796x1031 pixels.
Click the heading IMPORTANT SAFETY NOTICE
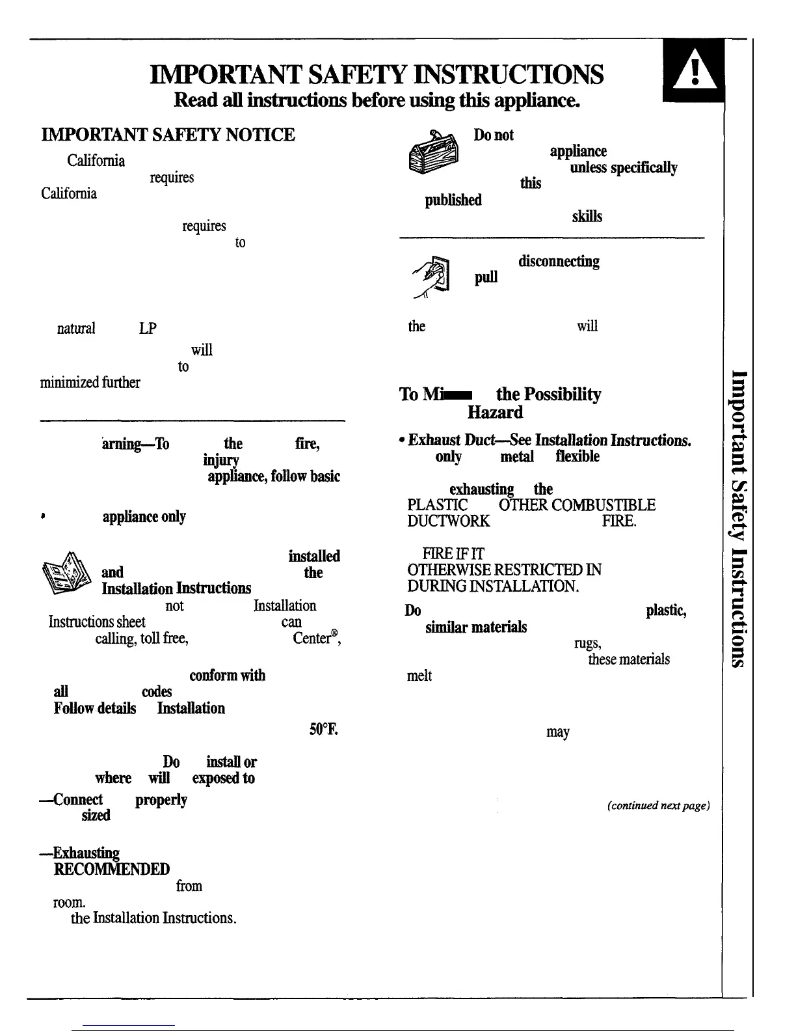click(168, 135)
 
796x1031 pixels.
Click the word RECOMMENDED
click(112, 869)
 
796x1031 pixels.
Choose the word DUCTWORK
click(449, 521)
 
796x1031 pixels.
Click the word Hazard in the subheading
click(495, 412)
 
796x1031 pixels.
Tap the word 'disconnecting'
click(559, 262)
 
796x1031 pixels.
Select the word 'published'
click(453, 200)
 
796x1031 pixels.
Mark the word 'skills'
click(587, 216)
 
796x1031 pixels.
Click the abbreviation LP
click(148, 329)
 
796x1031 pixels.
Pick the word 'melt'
click(419, 676)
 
